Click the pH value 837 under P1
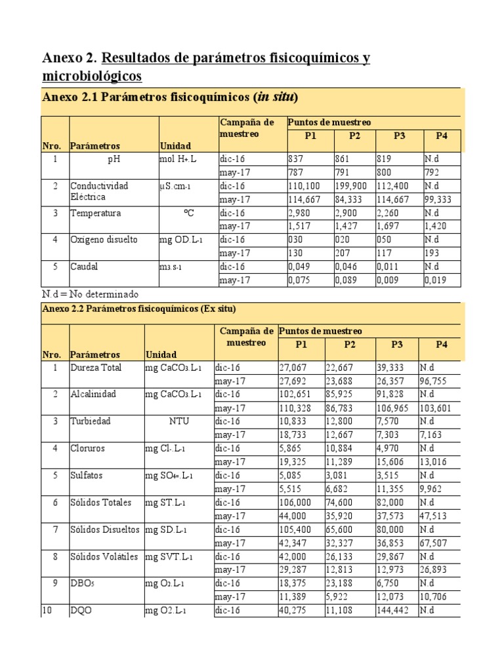(297, 159)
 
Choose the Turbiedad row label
(91, 421)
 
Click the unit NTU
(178, 421)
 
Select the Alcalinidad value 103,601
(438, 408)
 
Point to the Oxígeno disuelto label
(104, 240)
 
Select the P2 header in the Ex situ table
(348, 345)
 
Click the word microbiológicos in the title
(92, 77)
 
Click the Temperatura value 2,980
(300, 213)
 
